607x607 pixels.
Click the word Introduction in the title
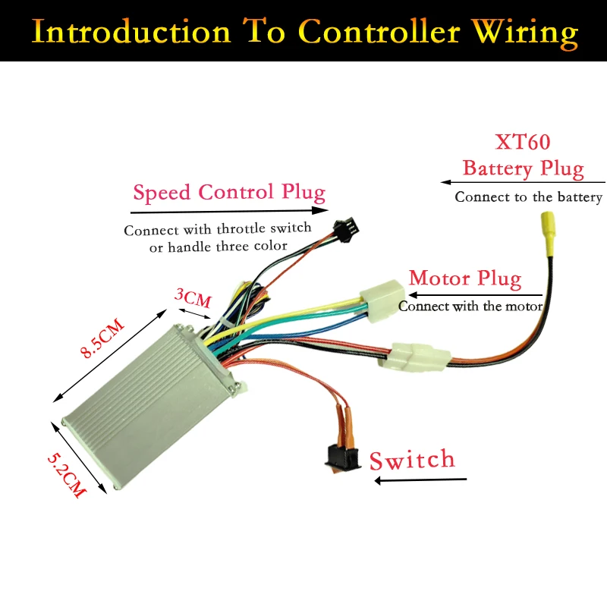[131, 31]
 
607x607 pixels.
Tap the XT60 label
[523, 142]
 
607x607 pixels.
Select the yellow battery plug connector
[548, 234]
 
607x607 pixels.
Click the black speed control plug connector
[347, 230]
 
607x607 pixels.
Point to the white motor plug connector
[382, 300]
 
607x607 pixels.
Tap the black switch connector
[342, 458]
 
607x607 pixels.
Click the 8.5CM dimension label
[102, 338]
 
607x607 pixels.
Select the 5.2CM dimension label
[66, 475]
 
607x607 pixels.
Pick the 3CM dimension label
[193, 298]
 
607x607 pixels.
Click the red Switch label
[412, 460]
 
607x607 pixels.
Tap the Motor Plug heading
[465, 278]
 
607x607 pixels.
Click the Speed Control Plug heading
[229, 193]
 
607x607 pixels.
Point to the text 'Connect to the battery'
[528, 197]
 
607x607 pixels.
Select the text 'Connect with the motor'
[470, 307]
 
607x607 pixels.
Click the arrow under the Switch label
[420, 480]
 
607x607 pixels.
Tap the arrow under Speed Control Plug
[229, 212]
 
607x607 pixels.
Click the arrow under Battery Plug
[523, 182]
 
